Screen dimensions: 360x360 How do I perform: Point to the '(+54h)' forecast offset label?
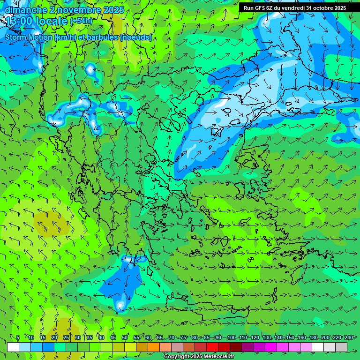click(x=81, y=21)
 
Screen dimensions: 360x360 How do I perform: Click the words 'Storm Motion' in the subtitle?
click(x=29, y=37)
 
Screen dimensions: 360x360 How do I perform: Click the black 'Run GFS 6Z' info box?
click(x=294, y=8)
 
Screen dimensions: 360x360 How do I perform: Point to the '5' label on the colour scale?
click(x=18, y=337)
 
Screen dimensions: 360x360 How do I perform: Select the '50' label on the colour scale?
click(x=125, y=337)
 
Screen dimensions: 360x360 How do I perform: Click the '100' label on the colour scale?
click(x=231, y=337)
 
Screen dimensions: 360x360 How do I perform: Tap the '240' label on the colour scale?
click(x=349, y=337)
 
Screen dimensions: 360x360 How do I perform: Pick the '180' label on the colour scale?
click(x=313, y=337)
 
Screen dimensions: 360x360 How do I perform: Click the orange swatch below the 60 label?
click(x=142, y=347)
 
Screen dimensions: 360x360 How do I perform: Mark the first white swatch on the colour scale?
click(x=13, y=347)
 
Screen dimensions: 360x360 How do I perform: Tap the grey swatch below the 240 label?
click(x=341, y=347)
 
